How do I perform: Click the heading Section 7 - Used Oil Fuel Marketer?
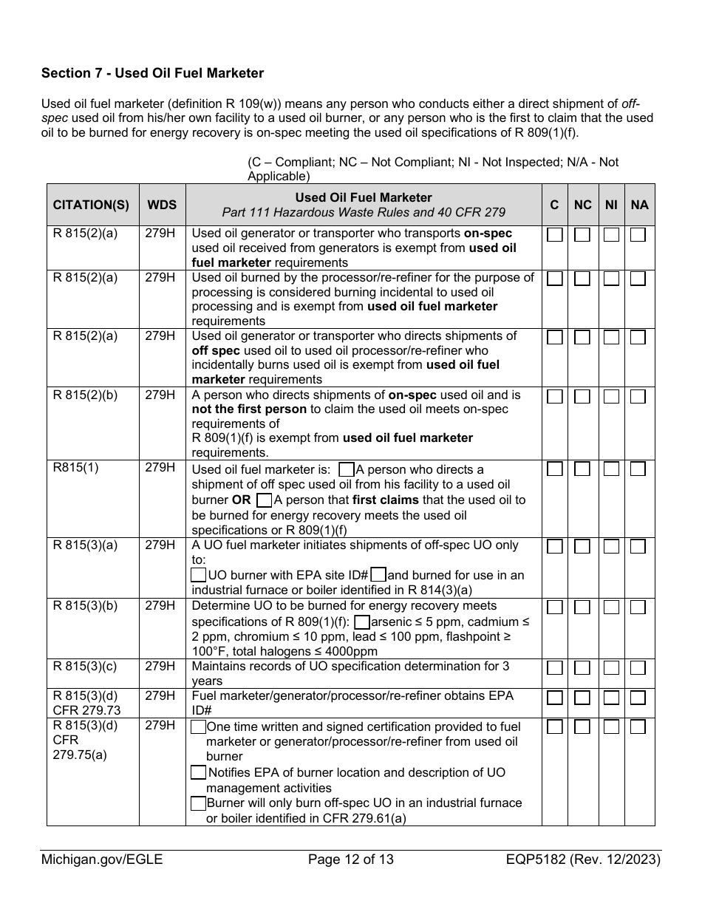152,73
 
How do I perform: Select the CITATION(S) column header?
91,205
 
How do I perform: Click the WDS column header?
162,205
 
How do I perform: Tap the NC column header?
583,205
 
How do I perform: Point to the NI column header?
611,205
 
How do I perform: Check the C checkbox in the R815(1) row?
555,469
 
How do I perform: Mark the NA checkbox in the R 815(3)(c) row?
638,667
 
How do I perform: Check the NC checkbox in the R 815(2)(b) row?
583,396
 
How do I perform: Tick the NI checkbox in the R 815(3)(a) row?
611,546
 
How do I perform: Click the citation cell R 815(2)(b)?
85,395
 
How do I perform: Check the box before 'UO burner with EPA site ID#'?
198,574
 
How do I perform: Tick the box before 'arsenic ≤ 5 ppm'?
362,622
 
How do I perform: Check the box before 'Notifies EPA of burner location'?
198,772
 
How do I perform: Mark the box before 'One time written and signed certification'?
198,727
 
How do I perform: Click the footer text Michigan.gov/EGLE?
102,859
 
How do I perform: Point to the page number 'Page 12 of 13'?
351,859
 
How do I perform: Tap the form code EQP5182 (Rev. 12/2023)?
584,859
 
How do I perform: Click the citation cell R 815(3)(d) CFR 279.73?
85,703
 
